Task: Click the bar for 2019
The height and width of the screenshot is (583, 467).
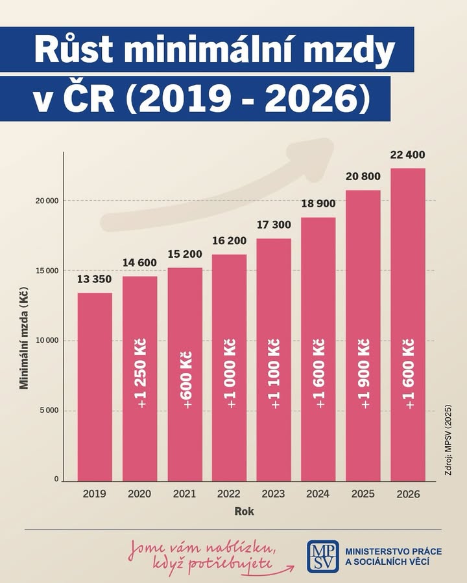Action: pos(95,387)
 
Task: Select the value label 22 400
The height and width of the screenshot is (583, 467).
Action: pos(408,155)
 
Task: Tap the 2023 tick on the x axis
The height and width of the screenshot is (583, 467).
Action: pos(273,494)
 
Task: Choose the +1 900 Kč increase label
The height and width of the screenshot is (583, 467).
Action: pos(363,374)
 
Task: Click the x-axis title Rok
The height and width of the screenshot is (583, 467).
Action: pos(245,511)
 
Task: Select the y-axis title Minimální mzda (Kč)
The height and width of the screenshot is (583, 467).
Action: pos(24,338)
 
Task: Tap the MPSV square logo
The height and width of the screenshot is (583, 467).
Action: pos(323,556)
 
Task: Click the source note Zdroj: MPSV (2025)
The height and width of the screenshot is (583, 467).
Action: pos(448,439)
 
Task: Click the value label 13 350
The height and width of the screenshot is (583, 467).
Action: pos(94,279)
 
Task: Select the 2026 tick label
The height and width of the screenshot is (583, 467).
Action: pos(408,494)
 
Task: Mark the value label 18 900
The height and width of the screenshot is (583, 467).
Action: pos(318,203)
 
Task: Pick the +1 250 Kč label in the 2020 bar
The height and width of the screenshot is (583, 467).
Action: pos(142,373)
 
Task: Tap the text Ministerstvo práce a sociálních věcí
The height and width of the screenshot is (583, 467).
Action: pos(394,556)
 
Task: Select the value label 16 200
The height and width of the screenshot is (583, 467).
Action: pos(230,240)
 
